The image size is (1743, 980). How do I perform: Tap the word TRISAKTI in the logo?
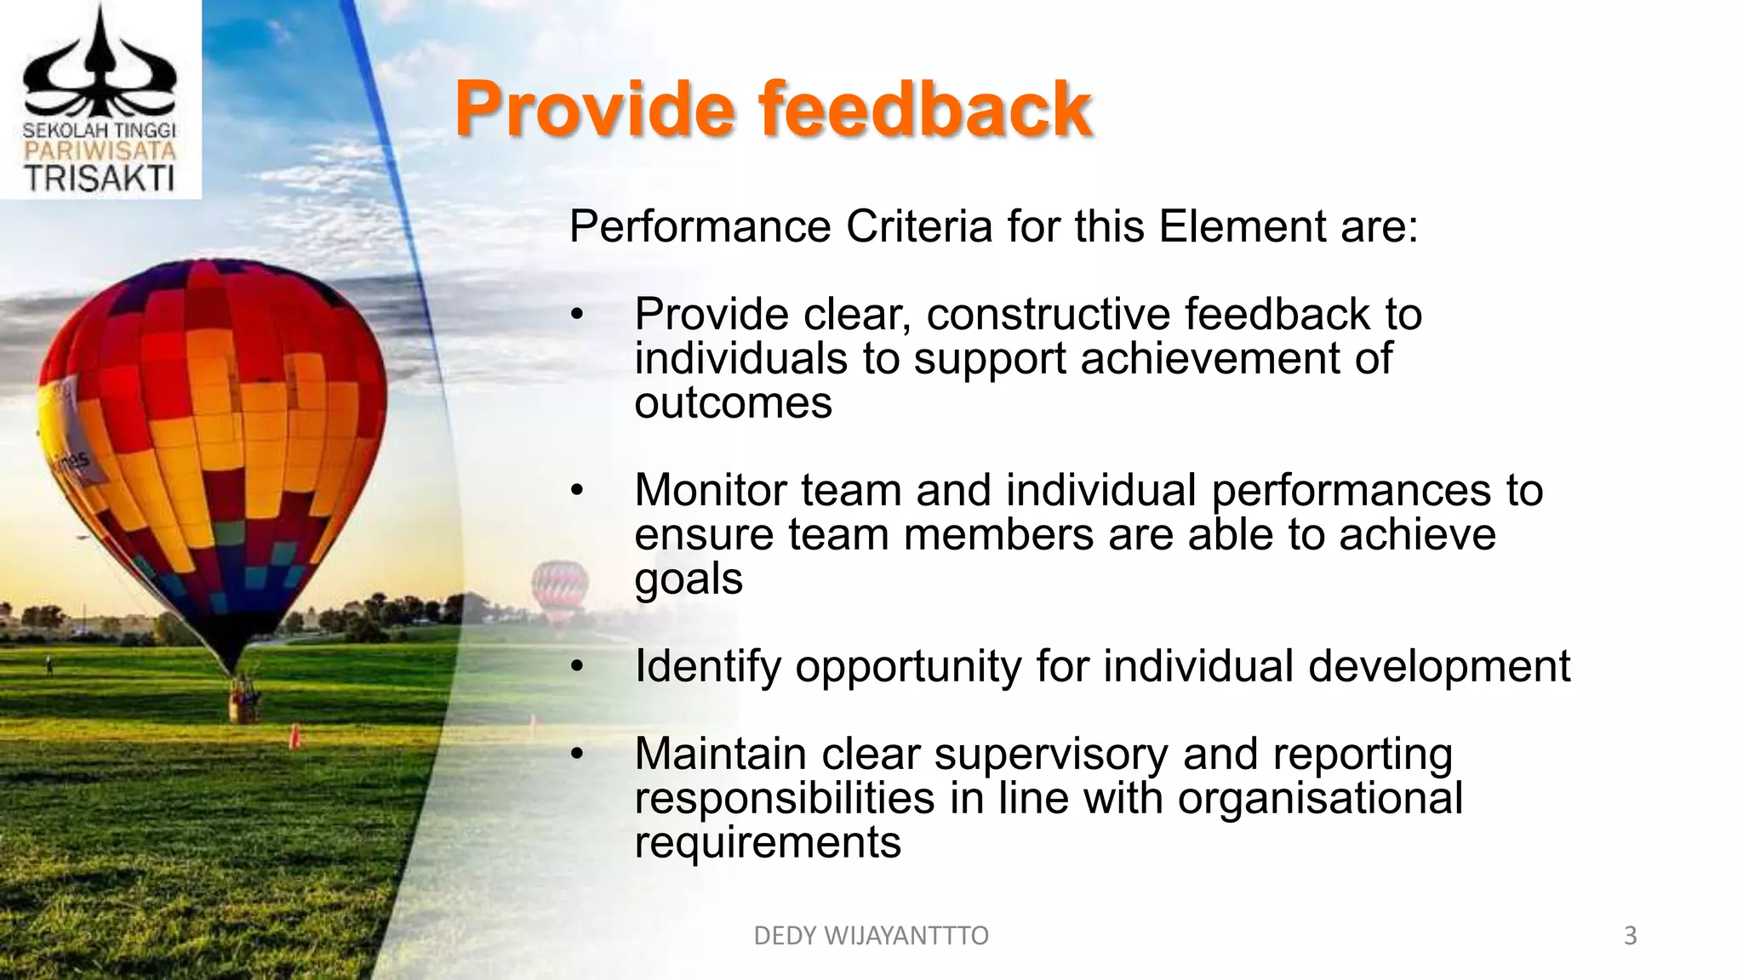tap(100, 179)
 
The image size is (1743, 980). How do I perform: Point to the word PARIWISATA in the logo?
tap(100, 151)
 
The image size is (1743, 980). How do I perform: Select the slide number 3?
tap(1630, 936)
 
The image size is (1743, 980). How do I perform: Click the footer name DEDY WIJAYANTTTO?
tap(871, 936)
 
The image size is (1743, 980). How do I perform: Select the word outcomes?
tap(733, 402)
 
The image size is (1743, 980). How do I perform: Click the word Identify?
tap(707, 666)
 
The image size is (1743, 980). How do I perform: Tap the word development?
tap(1438, 666)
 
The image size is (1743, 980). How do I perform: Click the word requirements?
tap(767, 843)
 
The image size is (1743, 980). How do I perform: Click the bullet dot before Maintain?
tap(577, 755)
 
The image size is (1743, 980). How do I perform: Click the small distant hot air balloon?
tap(559, 587)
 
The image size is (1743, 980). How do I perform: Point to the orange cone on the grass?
tap(294, 736)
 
